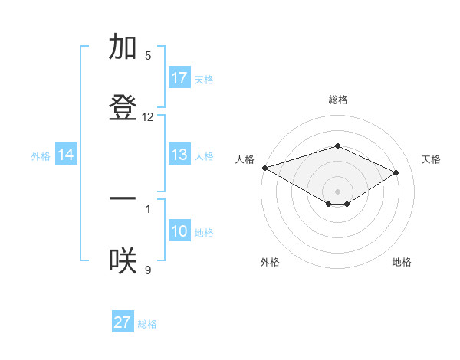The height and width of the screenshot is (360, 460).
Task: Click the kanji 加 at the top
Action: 123,47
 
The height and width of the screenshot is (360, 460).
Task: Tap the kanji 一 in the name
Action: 123,198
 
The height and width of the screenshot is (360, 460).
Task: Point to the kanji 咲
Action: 123,260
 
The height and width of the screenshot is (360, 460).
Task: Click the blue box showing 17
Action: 179,78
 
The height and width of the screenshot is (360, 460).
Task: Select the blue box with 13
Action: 179,155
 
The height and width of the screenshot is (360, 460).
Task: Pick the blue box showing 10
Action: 179,231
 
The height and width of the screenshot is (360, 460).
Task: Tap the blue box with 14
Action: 66,155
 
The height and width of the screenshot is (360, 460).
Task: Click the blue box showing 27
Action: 123,322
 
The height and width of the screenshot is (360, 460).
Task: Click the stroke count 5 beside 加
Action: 148,55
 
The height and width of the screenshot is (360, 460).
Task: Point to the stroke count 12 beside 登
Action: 148,117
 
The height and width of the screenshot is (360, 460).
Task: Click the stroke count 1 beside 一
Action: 148,207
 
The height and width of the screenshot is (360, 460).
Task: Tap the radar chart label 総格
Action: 337,100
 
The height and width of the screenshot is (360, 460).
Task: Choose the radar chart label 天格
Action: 431,159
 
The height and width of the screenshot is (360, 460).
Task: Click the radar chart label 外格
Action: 270,262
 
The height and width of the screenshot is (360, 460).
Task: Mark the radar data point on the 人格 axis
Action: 264,168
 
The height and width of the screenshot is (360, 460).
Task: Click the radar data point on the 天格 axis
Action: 396,172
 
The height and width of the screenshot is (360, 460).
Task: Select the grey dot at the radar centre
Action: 337,191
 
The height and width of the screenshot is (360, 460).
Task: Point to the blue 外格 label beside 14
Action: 41,155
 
